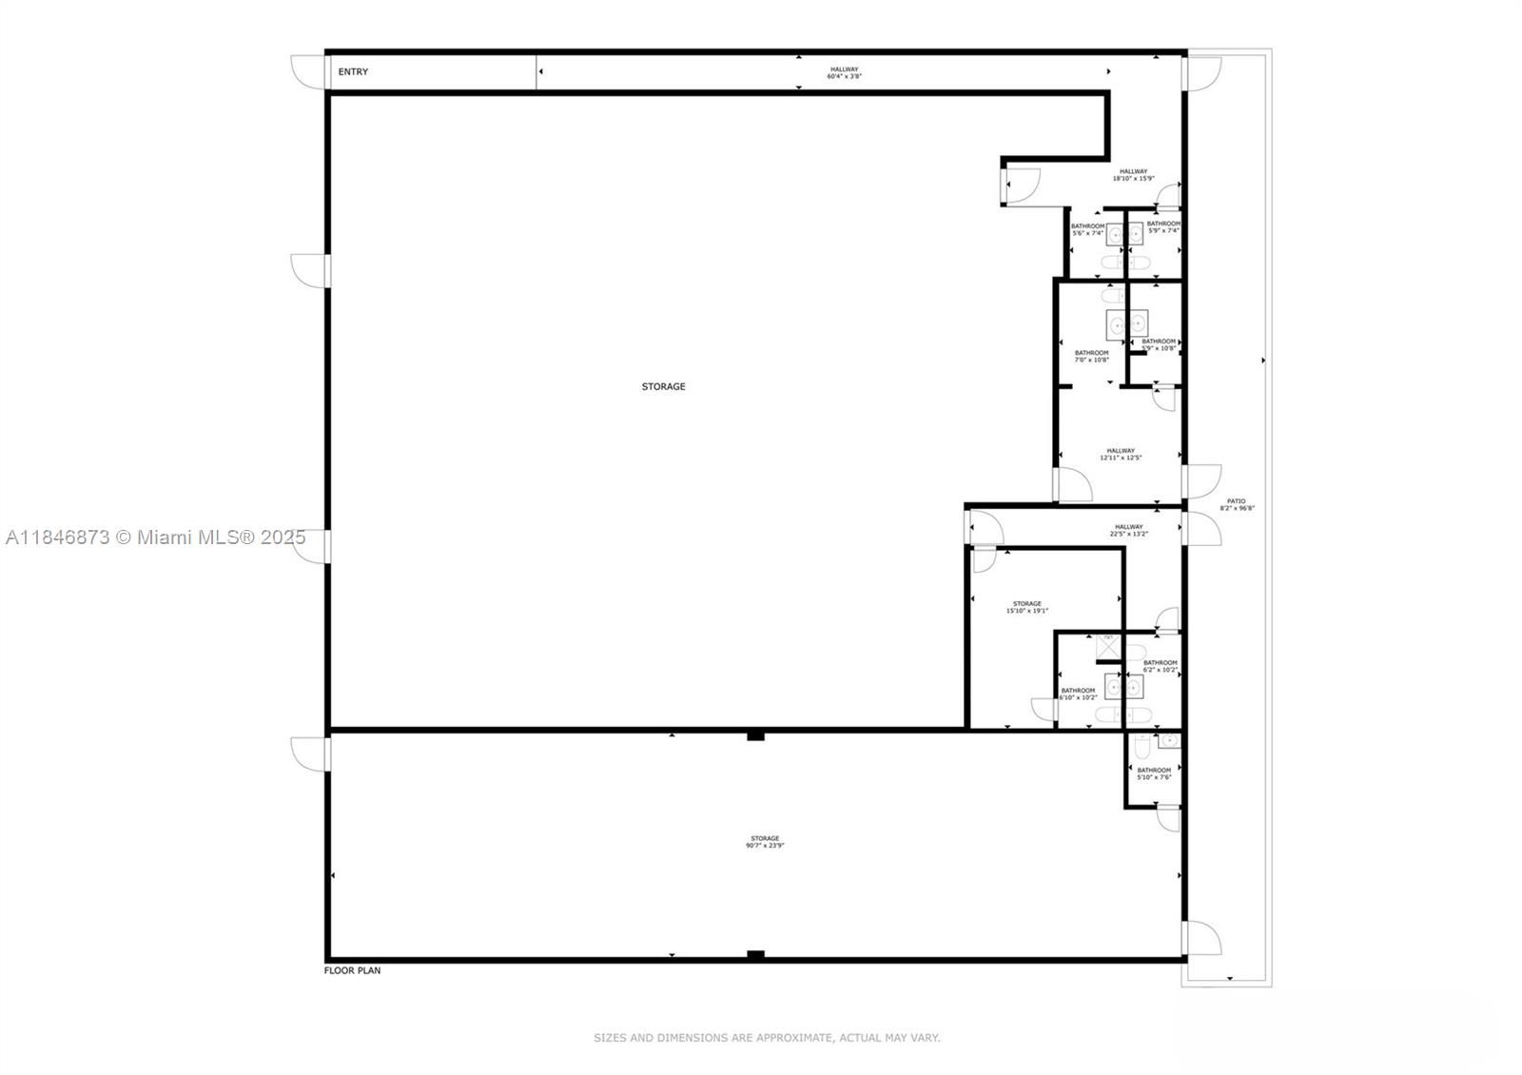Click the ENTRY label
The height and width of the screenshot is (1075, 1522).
353,72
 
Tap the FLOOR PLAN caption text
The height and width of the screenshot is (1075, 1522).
353,970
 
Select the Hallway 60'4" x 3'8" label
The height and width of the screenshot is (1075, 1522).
844,72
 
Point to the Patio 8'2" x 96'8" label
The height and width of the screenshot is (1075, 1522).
1236,504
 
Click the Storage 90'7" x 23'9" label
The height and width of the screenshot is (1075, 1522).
765,842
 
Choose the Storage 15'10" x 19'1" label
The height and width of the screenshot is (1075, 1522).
1026,607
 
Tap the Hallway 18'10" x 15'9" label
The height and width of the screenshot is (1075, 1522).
1133,175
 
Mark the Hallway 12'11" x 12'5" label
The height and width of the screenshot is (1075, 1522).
1121,454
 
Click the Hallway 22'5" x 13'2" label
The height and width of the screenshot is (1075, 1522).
1129,530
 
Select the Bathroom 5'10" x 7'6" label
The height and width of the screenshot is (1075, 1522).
1154,773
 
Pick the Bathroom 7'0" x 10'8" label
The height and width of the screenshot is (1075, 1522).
1091,356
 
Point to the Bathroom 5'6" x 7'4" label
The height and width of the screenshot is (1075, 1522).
1087,229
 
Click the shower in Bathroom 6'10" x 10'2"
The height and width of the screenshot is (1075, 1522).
1108,648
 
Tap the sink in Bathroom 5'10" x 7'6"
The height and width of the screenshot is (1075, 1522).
1169,741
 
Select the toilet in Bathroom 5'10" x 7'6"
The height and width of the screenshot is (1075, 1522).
1142,745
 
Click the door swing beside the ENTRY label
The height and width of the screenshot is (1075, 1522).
307,72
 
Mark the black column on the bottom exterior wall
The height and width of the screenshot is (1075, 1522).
755,955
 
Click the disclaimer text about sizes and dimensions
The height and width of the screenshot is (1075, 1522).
767,1038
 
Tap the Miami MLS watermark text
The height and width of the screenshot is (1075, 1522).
156,537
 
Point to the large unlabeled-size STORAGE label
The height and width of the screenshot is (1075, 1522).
663,386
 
